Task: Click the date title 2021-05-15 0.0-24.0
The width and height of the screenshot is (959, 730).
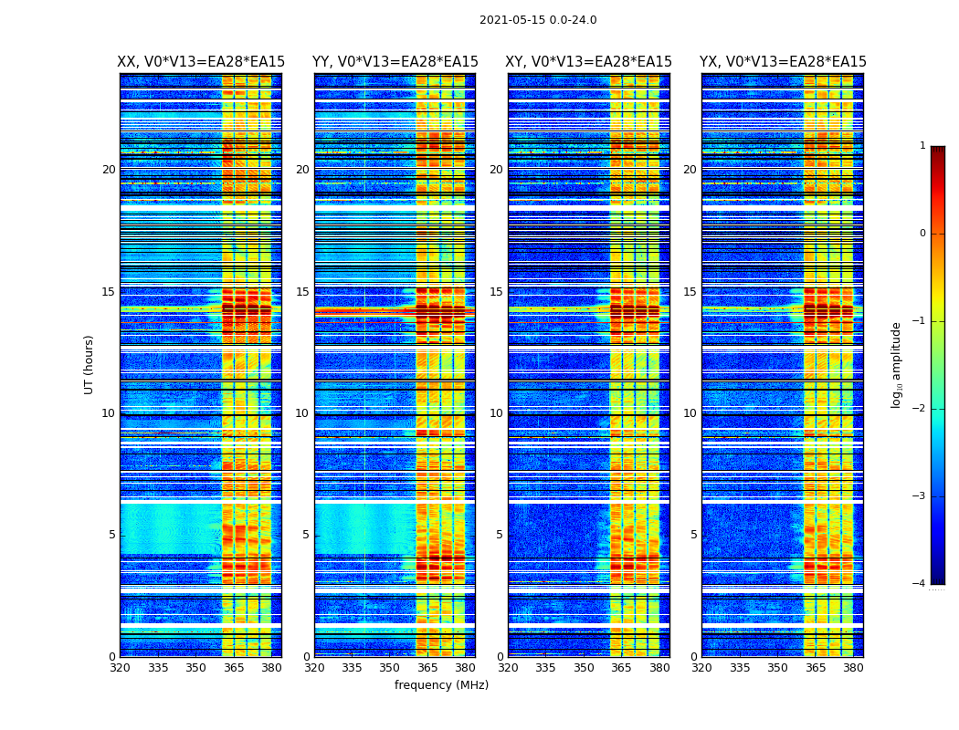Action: pyautogui.click(x=538, y=20)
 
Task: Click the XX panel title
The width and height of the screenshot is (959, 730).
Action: pyautogui.click(x=201, y=62)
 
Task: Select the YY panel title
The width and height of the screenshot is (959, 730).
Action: pyautogui.click(x=395, y=62)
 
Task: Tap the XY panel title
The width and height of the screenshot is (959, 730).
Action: pyautogui.click(x=589, y=62)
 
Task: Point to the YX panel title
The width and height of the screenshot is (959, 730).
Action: pyautogui.click(x=783, y=62)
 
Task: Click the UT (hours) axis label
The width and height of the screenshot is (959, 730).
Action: pyautogui.click(x=90, y=364)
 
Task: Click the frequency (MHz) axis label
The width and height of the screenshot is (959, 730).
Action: pyautogui.click(x=441, y=685)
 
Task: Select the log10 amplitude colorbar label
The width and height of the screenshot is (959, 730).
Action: pyautogui.click(x=897, y=364)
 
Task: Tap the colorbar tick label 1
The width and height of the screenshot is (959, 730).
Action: pyautogui.click(x=922, y=146)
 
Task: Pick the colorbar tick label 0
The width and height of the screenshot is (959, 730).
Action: pyautogui.click(x=922, y=234)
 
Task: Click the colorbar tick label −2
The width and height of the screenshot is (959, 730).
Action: pyautogui.click(x=921, y=409)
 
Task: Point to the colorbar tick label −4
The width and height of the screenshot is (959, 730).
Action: pyautogui.click(x=921, y=584)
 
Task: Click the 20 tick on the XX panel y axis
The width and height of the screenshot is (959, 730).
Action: pyautogui.click(x=109, y=170)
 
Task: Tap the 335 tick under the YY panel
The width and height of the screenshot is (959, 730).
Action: pyautogui.click(x=353, y=668)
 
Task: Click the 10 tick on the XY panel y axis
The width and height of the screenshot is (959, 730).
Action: pyautogui.click(x=496, y=413)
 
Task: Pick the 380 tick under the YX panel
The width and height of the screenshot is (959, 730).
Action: pyautogui.click(x=853, y=668)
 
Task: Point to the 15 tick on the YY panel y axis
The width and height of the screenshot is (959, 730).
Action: pyautogui.click(x=302, y=292)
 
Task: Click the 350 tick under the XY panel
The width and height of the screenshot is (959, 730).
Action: pyautogui.click(x=584, y=668)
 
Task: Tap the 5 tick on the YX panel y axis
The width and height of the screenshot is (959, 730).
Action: pyautogui.click(x=693, y=535)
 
